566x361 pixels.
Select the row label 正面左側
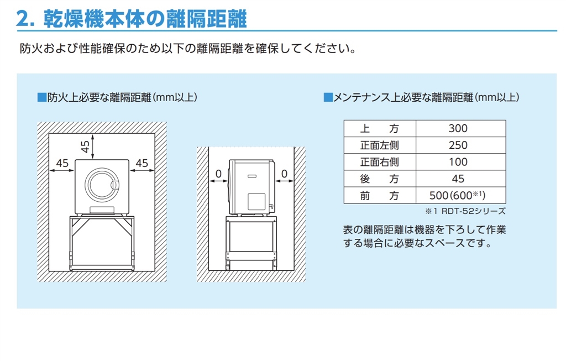380,145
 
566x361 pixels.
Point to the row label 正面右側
380,162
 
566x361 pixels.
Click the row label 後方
380,179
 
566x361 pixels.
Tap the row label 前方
380,195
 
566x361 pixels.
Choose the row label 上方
380,128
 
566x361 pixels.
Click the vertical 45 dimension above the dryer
85,147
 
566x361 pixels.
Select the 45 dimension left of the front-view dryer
62,163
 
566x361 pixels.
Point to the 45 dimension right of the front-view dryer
142,163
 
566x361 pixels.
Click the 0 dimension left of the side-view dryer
218,174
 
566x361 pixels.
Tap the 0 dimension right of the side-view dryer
285,174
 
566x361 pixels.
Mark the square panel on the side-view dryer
256,201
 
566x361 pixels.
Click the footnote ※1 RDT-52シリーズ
465,211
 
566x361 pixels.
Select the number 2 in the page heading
23,19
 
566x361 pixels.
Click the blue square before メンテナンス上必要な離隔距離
328,97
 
